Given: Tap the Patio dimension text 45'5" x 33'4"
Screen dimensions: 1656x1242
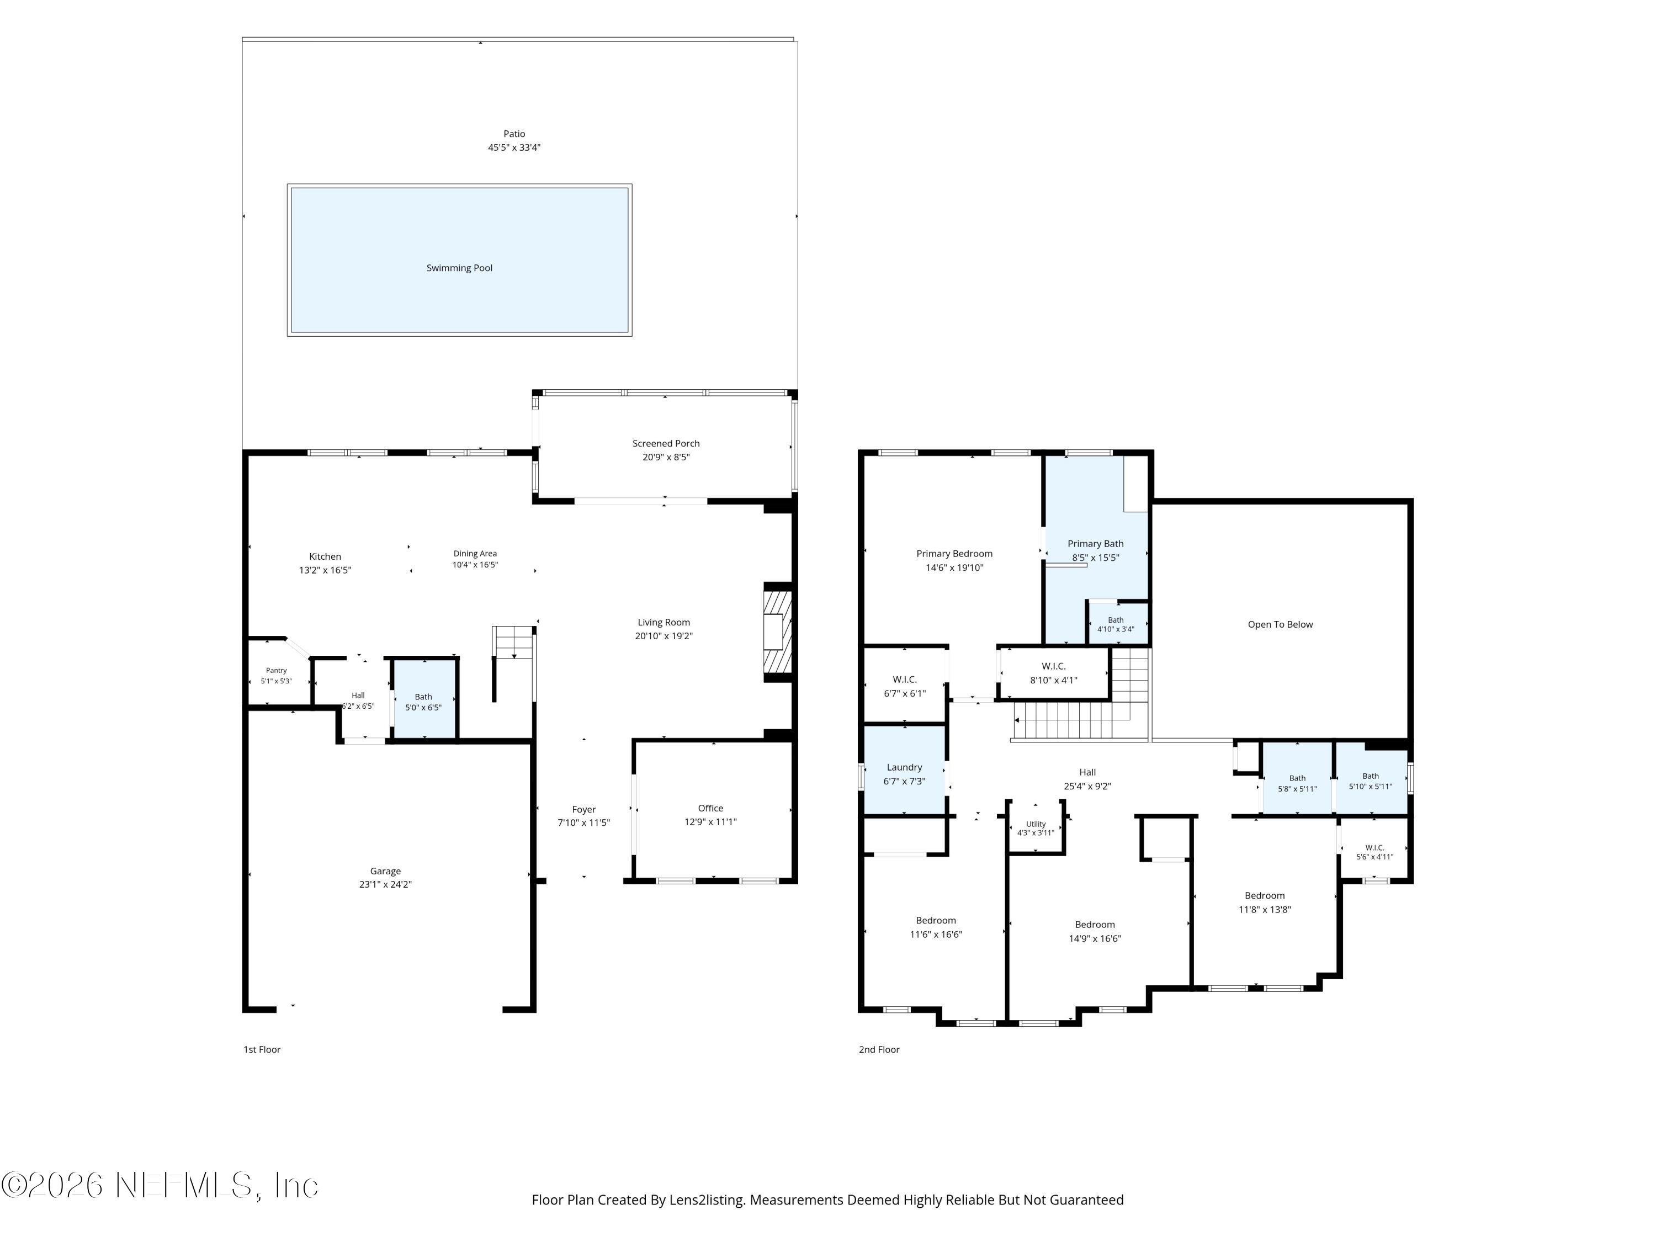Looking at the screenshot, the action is click(x=514, y=147).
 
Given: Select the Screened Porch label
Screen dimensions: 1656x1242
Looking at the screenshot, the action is click(x=666, y=443).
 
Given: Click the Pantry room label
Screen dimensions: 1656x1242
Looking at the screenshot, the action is click(x=276, y=671).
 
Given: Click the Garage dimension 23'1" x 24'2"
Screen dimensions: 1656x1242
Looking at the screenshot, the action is click(x=385, y=884).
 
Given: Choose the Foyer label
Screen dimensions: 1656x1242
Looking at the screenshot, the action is click(x=584, y=809).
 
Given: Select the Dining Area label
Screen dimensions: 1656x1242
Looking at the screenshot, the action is click(x=475, y=554).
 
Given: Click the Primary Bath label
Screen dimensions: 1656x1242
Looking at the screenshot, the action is click(x=1095, y=544).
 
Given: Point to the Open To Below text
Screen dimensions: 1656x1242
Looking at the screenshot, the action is click(x=1280, y=624).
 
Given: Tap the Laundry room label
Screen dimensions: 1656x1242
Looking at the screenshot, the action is click(x=904, y=767).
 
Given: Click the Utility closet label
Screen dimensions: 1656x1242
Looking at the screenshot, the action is click(x=1036, y=824).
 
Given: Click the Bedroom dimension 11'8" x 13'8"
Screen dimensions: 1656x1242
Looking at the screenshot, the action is click(x=1265, y=910).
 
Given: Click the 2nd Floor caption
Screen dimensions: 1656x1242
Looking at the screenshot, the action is click(x=879, y=1049).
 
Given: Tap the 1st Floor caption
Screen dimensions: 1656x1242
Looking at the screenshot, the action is click(x=262, y=1049).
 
